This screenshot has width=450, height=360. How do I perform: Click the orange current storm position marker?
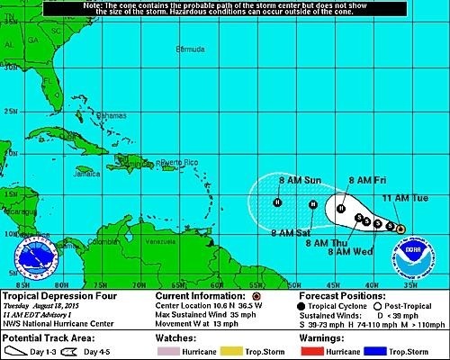[400, 228]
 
